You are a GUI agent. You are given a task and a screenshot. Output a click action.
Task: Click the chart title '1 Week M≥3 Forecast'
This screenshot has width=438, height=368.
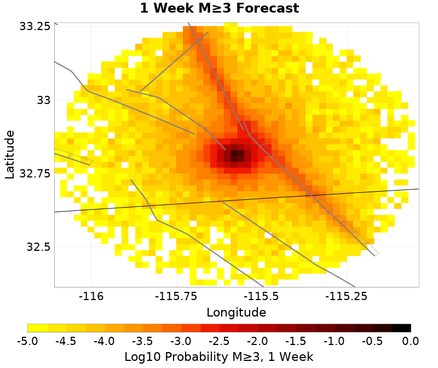219,9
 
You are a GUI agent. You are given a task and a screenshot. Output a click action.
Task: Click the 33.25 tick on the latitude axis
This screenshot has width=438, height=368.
35,26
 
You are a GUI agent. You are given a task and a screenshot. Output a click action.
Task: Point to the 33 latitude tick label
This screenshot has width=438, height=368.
43,100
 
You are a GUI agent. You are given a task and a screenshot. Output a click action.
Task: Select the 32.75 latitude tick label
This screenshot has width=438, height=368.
35,173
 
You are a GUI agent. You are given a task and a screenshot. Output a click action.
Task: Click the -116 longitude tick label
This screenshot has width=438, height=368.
91,296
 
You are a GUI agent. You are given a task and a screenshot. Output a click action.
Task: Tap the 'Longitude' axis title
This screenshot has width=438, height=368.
237,313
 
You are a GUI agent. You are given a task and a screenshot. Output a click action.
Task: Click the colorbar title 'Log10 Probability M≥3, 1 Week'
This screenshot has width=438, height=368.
219,357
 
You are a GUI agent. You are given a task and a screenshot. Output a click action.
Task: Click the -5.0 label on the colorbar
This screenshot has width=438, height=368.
27,341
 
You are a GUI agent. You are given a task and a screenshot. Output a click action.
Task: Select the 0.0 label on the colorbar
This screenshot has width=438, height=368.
411,341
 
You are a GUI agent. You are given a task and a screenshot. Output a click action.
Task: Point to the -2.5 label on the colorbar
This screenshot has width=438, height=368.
219,341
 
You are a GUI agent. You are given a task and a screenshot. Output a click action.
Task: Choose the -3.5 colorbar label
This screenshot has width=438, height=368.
142,341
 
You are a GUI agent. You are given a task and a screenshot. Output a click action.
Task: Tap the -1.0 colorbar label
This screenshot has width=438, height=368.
334,341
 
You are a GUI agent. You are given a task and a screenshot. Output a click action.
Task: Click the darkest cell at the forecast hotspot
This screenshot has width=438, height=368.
237,156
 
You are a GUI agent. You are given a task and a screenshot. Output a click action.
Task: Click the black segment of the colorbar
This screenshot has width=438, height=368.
401,328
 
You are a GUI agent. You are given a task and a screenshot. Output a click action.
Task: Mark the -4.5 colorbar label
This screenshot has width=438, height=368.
66,341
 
